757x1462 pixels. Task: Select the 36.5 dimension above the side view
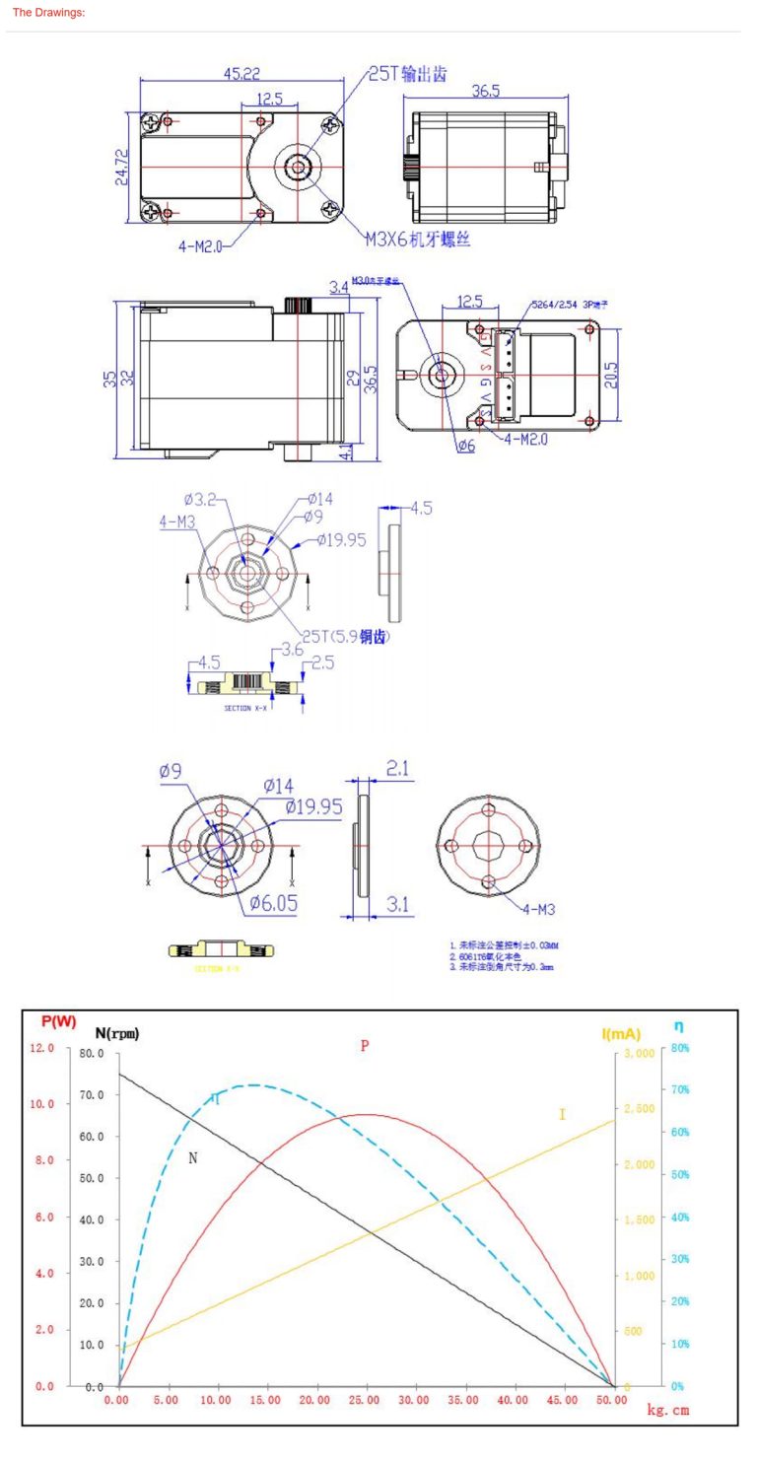[x=485, y=91]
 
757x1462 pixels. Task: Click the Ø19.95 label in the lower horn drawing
[x=314, y=806]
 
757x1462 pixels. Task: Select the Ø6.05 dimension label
[x=273, y=902]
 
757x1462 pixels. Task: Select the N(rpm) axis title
[x=117, y=1033]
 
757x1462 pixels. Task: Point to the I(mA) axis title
[x=621, y=1034]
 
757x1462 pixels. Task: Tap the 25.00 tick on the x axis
[x=365, y=1400]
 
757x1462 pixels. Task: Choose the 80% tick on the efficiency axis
[x=683, y=1048]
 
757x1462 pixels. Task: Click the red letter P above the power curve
[x=365, y=1045]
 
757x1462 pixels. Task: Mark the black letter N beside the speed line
[x=193, y=1158]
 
